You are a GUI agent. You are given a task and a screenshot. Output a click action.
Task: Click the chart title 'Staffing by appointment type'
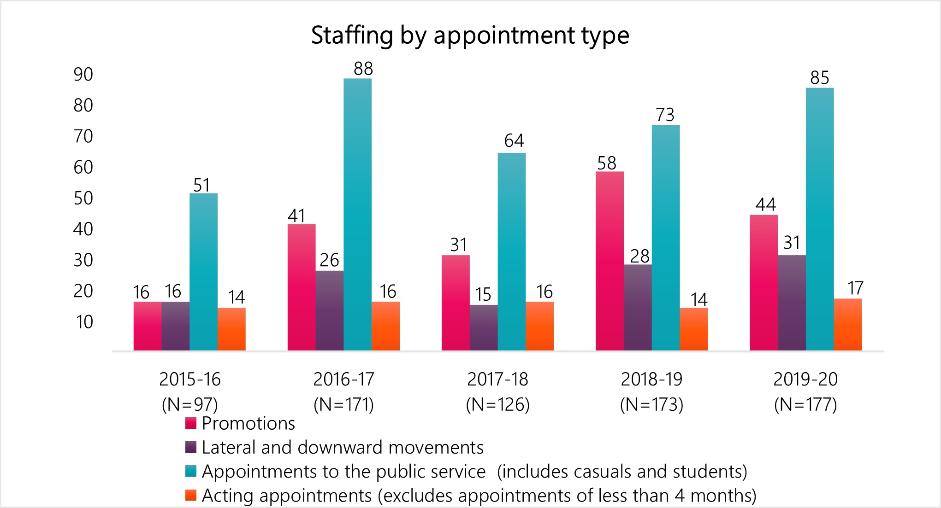(470, 35)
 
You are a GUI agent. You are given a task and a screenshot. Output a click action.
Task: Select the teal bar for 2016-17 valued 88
(357, 214)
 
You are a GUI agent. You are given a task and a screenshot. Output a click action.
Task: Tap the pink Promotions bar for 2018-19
(610, 261)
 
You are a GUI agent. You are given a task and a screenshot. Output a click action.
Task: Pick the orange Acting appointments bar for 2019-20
(847, 324)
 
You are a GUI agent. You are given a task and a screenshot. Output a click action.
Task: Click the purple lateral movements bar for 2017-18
(484, 327)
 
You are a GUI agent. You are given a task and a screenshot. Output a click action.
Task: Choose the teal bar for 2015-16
(203, 272)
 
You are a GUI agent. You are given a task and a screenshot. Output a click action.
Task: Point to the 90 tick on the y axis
(83, 75)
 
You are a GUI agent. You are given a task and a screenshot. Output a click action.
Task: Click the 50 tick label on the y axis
(83, 198)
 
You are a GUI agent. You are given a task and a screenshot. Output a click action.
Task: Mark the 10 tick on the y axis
(84, 322)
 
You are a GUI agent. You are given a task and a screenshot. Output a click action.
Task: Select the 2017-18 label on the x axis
(497, 380)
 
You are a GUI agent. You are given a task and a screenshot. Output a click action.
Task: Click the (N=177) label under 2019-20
(805, 405)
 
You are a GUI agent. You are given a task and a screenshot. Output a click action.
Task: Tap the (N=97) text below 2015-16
(189, 405)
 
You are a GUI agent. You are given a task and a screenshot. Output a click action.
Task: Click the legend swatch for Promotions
(191, 423)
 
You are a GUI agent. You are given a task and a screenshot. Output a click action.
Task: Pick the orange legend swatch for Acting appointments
(191, 495)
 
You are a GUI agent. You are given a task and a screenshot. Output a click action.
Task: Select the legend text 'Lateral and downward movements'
(343, 447)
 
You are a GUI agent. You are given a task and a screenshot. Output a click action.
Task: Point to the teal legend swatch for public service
(191, 471)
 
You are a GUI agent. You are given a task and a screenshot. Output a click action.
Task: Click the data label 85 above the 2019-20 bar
(819, 78)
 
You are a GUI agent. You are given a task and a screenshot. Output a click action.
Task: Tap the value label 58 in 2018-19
(606, 163)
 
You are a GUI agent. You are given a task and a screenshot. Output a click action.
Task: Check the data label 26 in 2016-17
(329, 260)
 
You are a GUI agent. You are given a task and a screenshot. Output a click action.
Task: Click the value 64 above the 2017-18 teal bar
(514, 140)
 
